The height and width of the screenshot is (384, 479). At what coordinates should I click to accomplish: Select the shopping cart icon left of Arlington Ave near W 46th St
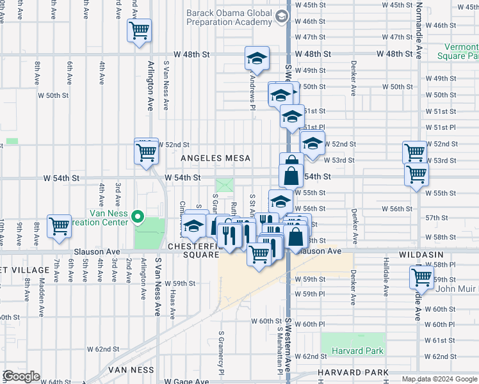(x=139, y=30)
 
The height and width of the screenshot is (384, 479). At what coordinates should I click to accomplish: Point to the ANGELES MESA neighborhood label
(x=215, y=158)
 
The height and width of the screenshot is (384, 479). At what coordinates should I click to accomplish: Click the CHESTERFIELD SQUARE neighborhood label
(x=193, y=250)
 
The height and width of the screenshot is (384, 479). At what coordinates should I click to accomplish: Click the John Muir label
(x=454, y=289)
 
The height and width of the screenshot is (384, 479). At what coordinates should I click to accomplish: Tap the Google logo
(x=21, y=376)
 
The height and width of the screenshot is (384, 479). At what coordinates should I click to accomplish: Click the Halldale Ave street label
(x=386, y=282)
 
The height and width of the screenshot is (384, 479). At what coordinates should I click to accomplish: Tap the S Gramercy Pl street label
(x=222, y=353)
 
